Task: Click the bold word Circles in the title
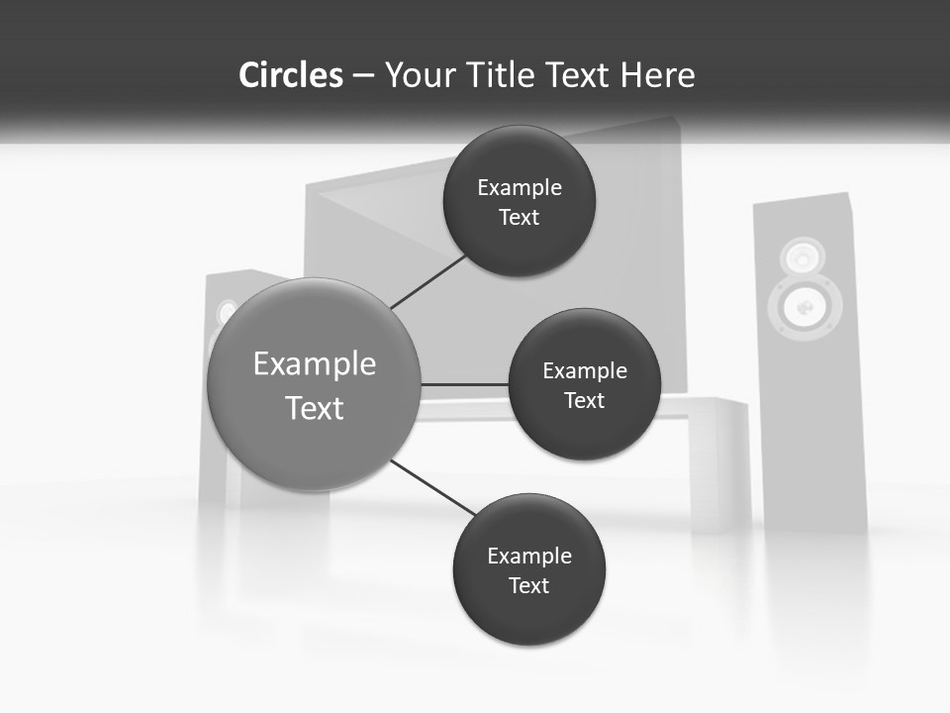click(291, 75)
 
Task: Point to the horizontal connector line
click(464, 384)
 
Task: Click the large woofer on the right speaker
click(804, 308)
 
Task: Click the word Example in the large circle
click(315, 363)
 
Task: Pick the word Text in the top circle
click(520, 217)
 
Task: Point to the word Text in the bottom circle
click(529, 585)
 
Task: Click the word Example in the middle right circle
click(585, 370)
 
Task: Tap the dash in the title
click(363, 76)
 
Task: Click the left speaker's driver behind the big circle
click(227, 313)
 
